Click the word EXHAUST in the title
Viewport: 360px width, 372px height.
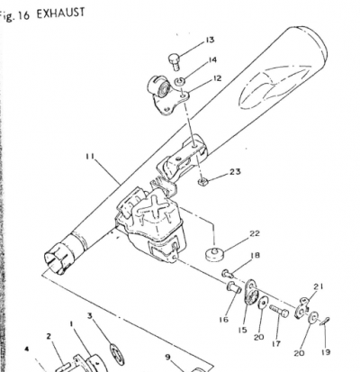tap(60, 14)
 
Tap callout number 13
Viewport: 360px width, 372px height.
tap(210, 40)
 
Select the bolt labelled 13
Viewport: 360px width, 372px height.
tap(174, 61)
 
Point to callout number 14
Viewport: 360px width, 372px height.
tap(212, 60)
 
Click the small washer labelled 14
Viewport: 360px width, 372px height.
tap(180, 81)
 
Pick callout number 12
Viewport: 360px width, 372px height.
tap(217, 78)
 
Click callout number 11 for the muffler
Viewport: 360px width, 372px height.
tap(90, 157)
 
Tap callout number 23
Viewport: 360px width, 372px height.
tap(235, 172)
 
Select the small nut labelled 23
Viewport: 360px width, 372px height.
tap(202, 181)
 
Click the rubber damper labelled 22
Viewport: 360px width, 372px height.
tap(214, 255)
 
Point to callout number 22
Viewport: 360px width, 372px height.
tap(255, 233)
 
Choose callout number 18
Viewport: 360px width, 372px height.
tap(256, 256)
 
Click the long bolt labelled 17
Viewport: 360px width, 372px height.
tap(279, 311)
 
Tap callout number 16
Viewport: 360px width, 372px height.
tap(223, 320)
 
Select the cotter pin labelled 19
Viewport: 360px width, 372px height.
tap(325, 322)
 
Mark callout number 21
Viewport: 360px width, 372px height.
tap(318, 287)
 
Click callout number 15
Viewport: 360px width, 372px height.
tap(243, 330)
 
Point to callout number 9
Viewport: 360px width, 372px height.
tap(167, 357)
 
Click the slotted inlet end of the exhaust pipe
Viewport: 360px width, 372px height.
tap(56, 260)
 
